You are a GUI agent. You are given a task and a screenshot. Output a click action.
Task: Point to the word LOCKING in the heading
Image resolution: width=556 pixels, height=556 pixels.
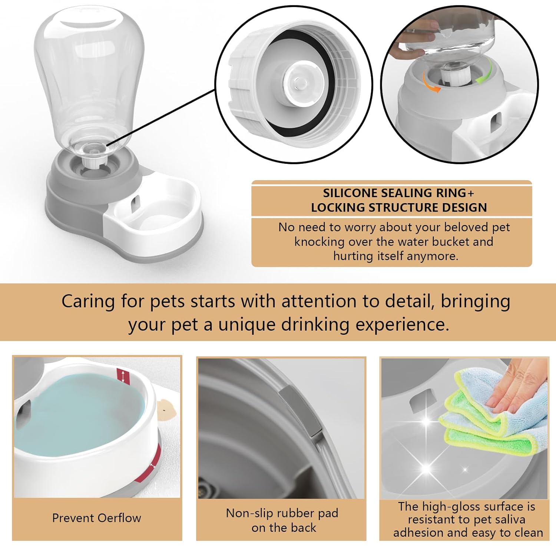click(338, 208)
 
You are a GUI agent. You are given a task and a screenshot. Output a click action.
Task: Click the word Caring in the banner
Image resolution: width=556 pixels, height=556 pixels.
click(88, 301)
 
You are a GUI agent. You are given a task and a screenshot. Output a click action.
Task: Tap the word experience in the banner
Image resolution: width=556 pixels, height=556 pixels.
click(402, 324)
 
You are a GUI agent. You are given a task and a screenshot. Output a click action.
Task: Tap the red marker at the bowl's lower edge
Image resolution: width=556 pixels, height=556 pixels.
click(149, 465)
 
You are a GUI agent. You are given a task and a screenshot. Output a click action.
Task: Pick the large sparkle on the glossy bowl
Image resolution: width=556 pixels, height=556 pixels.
click(426, 468)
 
